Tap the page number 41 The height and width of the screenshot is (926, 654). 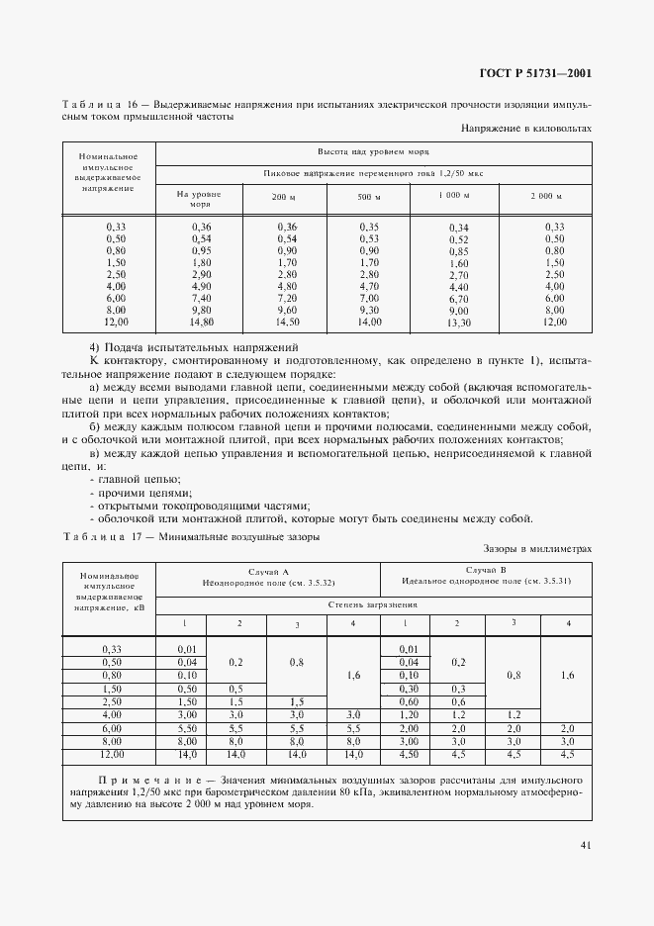[585, 844]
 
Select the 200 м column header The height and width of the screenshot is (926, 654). [285, 198]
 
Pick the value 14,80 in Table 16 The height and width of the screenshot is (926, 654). [202, 322]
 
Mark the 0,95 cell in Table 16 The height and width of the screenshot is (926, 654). [202, 251]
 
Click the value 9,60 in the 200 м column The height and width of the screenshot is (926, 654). [287, 310]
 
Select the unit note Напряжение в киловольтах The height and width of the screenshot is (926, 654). [526, 129]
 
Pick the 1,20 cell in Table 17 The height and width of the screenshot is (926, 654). [408, 713]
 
